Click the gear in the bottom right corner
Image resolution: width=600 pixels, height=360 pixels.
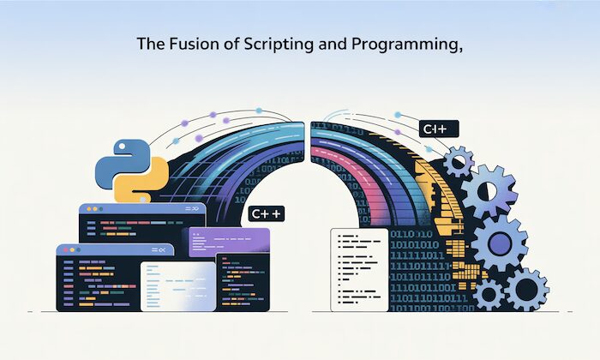pyautogui.click(x=526, y=289)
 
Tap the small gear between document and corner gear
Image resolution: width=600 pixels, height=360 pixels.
pyautogui.click(x=489, y=294)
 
